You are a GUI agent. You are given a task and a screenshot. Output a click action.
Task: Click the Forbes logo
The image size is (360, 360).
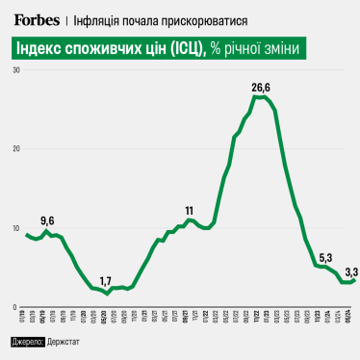(36, 18)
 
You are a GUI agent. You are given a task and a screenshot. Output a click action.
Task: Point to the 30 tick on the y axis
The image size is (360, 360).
(16, 70)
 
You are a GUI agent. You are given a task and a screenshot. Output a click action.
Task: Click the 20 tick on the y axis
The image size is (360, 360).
(16, 149)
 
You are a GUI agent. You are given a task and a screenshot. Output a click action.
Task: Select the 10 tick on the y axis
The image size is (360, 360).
(16, 228)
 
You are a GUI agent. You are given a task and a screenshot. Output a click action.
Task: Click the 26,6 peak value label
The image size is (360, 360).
(261, 88)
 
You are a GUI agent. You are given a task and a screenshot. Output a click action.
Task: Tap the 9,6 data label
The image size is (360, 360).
(47, 220)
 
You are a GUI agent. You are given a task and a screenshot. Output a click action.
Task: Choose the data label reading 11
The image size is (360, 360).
(190, 210)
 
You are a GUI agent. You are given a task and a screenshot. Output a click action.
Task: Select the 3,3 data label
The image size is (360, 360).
(351, 270)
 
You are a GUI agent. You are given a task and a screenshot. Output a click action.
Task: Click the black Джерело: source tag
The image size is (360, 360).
(27, 343)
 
